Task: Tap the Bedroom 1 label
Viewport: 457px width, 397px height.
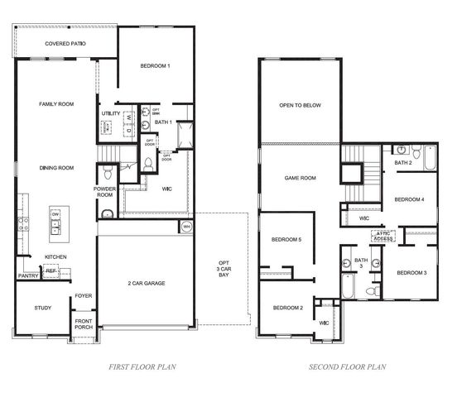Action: click(155, 65)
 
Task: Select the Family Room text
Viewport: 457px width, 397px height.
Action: click(57, 104)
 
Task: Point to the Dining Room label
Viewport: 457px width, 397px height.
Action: click(57, 168)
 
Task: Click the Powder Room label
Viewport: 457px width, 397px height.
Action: click(105, 191)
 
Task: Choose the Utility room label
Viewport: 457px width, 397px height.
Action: click(112, 112)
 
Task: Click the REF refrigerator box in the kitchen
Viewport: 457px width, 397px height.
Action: click(51, 270)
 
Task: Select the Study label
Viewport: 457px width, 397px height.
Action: click(43, 309)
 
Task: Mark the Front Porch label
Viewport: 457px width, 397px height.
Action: click(84, 323)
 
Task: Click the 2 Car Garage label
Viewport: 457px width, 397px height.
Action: click(146, 284)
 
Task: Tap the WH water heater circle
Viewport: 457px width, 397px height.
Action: click(187, 225)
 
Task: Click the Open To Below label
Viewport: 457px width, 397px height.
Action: click(300, 105)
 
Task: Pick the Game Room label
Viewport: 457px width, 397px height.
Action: click(301, 178)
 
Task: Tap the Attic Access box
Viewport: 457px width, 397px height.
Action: click(383, 235)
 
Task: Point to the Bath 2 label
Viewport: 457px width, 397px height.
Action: click(403, 163)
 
